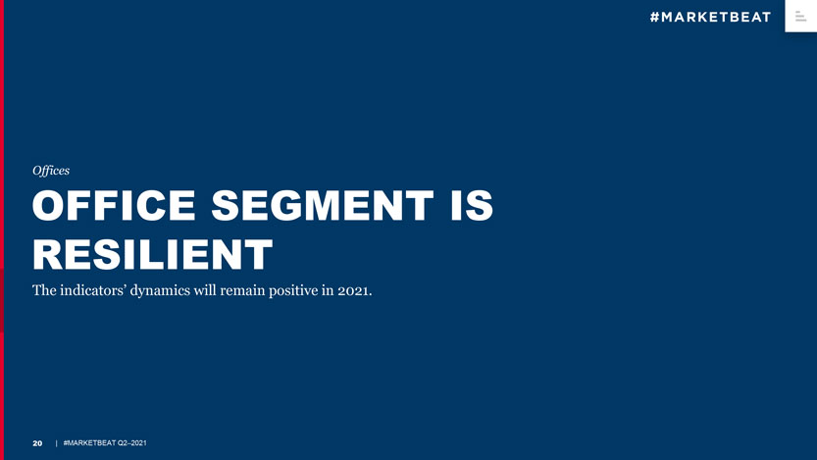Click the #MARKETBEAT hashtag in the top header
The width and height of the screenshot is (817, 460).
tap(710, 17)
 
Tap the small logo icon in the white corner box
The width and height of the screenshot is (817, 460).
tap(800, 15)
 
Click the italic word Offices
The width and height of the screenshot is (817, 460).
tap(51, 171)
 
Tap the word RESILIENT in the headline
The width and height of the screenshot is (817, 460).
tap(153, 254)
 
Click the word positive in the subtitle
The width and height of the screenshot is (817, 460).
tap(317, 291)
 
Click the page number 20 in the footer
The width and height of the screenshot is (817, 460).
tap(37, 444)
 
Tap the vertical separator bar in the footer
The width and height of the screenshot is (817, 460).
tap(56, 444)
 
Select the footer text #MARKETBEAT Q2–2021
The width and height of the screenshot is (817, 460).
tap(105, 444)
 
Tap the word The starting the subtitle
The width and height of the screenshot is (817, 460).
tap(45, 291)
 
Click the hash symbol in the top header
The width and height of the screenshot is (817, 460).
tap(656, 17)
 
